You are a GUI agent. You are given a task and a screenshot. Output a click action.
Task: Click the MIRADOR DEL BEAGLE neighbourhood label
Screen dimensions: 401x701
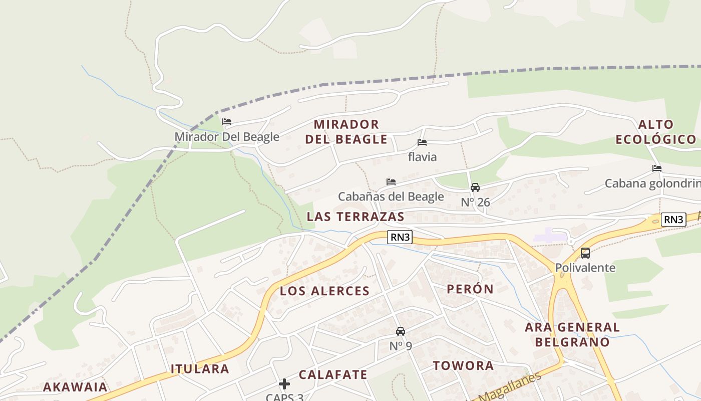[346, 132]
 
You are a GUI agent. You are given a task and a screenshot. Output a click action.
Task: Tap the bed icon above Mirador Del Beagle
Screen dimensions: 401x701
[227, 122]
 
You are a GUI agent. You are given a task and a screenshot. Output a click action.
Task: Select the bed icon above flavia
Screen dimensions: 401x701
[422, 142]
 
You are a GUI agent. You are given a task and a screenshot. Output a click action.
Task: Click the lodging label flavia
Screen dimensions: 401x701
[422, 157]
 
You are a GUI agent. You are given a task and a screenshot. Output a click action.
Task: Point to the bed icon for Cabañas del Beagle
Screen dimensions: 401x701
[391, 182]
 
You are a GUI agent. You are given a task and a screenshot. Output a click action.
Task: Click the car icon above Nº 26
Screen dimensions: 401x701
[475, 187]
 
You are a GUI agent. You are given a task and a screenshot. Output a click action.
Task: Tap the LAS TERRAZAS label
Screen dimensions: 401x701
[356, 217]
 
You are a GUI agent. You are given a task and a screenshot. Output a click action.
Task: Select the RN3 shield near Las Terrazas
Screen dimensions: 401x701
[400, 237]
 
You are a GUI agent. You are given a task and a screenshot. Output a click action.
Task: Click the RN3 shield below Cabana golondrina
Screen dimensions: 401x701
[673, 219]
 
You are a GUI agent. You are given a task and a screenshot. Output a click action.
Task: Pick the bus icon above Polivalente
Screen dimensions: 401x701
[585, 253]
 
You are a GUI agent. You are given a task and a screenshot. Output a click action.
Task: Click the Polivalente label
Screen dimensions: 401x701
[585, 267]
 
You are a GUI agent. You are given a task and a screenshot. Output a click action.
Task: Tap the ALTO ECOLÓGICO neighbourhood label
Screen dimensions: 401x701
[656, 132]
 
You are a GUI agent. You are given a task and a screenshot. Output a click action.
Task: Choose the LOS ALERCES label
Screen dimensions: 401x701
[324, 291]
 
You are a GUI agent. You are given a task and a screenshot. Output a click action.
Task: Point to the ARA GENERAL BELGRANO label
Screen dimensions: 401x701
[572, 335]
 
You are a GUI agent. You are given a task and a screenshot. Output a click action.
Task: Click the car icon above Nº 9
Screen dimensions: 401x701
[401, 331]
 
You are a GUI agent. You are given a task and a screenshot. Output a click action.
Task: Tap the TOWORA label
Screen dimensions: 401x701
[463, 365]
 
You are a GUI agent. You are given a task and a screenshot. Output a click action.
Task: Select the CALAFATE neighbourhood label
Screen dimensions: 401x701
[333, 374]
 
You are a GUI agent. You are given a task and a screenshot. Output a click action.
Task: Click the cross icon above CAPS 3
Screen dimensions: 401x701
[284, 384]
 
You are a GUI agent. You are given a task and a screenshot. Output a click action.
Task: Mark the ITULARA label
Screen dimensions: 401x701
[200, 369]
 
